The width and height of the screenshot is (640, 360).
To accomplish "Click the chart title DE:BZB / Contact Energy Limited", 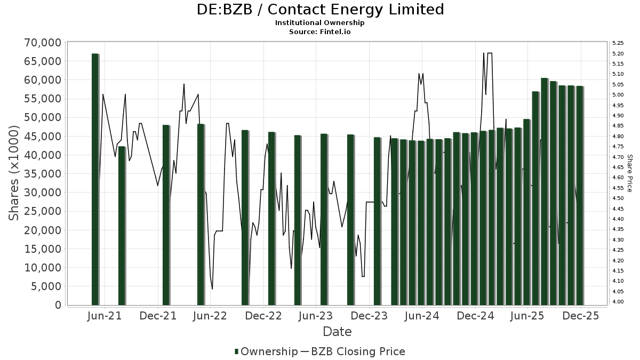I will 320,10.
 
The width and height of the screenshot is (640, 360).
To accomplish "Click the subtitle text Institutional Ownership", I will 320,23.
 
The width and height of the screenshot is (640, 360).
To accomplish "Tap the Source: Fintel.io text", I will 320,31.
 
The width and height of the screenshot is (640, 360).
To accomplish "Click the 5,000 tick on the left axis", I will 45,286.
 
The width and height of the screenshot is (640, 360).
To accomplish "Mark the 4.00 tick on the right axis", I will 618,302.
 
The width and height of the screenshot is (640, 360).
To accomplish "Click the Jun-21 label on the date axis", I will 105,316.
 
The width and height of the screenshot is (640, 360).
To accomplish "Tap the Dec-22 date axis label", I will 263,316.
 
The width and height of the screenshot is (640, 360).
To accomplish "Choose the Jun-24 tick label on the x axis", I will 422,316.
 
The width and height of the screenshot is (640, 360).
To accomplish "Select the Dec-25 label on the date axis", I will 580,316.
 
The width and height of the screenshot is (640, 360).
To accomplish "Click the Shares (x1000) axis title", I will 14,173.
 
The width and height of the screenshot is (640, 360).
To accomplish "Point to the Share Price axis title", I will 630,173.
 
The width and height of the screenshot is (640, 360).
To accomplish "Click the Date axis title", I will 337,332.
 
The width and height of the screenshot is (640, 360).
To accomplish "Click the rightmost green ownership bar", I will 579,195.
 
